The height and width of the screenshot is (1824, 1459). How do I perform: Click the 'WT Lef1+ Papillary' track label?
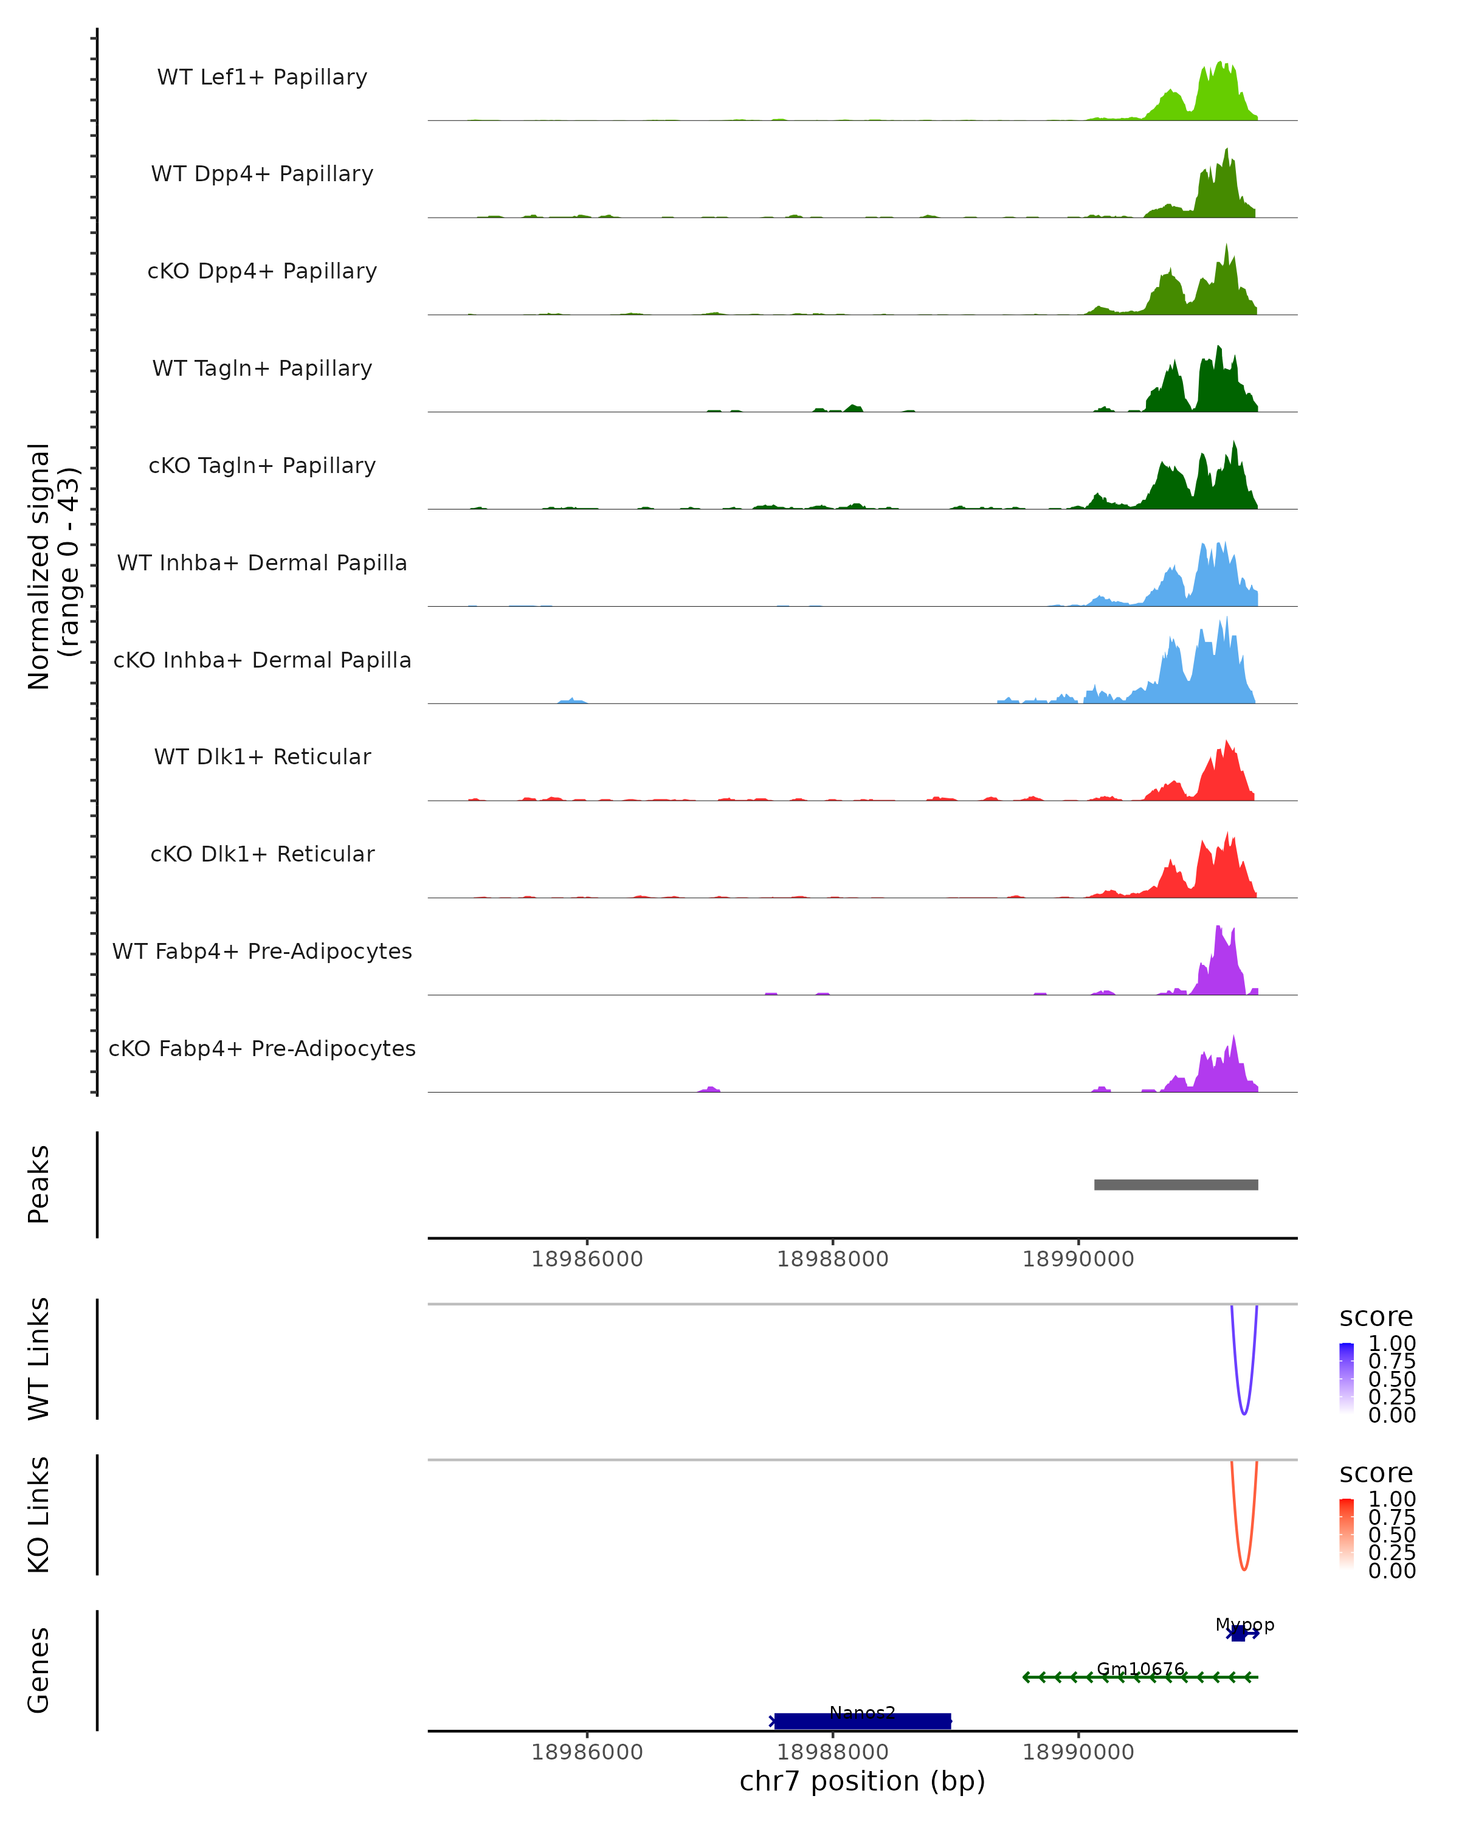click(262, 77)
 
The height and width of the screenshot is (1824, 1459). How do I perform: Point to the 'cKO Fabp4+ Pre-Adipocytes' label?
click(262, 1048)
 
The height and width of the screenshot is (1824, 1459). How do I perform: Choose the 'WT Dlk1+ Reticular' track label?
click(262, 756)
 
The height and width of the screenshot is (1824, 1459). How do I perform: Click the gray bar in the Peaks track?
click(1176, 1184)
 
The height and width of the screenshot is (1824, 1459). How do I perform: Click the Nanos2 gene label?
click(862, 1713)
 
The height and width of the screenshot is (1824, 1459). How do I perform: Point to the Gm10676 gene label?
click(1140, 1668)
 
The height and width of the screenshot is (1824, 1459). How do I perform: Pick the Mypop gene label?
click(1244, 1625)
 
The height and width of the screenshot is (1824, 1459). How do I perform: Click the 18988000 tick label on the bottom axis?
click(832, 1752)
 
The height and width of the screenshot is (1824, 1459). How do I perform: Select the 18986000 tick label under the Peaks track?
click(587, 1259)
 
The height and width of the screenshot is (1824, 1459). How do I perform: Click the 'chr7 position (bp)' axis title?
click(862, 1781)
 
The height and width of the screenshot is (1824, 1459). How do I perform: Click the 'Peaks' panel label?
click(39, 1184)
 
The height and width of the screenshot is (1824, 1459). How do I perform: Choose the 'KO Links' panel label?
click(39, 1515)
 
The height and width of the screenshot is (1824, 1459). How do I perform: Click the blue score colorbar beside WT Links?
click(1347, 1379)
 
